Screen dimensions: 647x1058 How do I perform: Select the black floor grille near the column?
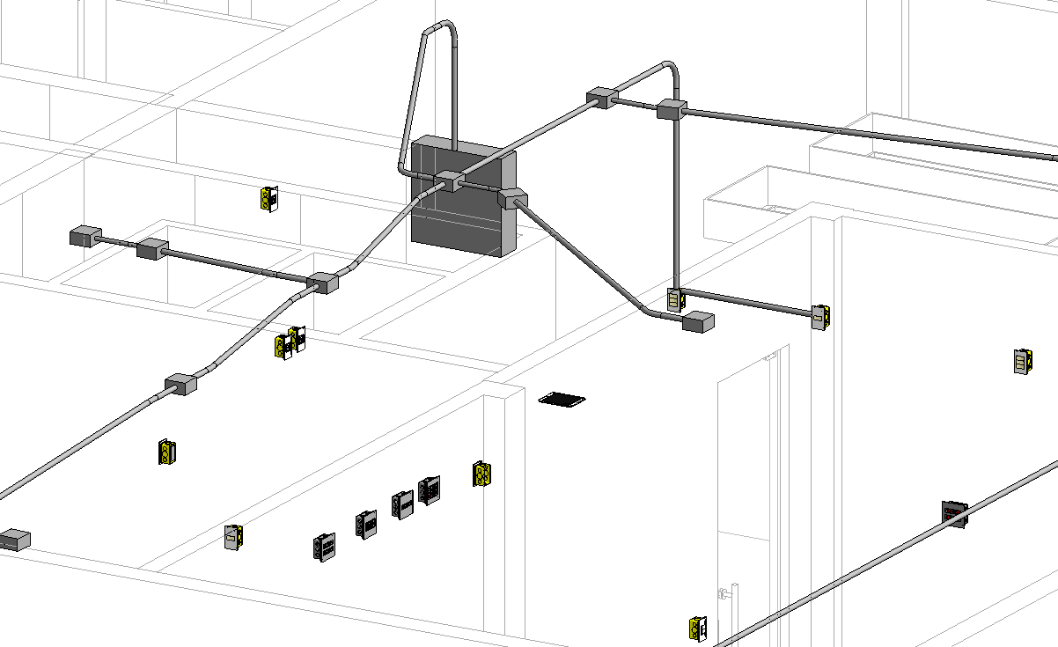pyautogui.click(x=562, y=400)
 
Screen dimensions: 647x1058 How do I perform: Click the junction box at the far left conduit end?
pyautogui.click(x=84, y=236)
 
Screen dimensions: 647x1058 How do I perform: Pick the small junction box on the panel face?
pyautogui.click(x=449, y=181)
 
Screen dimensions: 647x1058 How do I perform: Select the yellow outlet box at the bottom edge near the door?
pyautogui.click(x=698, y=628)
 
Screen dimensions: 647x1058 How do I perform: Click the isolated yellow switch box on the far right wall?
pyautogui.click(x=1022, y=362)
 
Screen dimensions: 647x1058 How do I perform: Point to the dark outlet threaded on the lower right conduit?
pyautogui.click(x=954, y=512)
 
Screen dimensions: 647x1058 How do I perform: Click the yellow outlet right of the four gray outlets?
pyautogui.click(x=481, y=474)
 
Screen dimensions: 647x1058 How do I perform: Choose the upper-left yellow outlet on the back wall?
pyautogui.click(x=269, y=199)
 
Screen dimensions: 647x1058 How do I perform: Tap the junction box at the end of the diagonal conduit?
pyautogui.click(x=698, y=321)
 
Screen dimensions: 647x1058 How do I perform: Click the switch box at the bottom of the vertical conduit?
pyautogui.click(x=675, y=299)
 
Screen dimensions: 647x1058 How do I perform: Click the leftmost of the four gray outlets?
pyautogui.click(x=324, y=547)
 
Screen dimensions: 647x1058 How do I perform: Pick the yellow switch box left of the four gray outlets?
pyautogui.click(x=233, y=536)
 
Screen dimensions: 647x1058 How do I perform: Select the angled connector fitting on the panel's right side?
pyautogui.click(x=511, y=199)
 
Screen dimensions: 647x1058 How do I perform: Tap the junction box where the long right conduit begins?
pyautogui.click(x=672, y=109)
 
